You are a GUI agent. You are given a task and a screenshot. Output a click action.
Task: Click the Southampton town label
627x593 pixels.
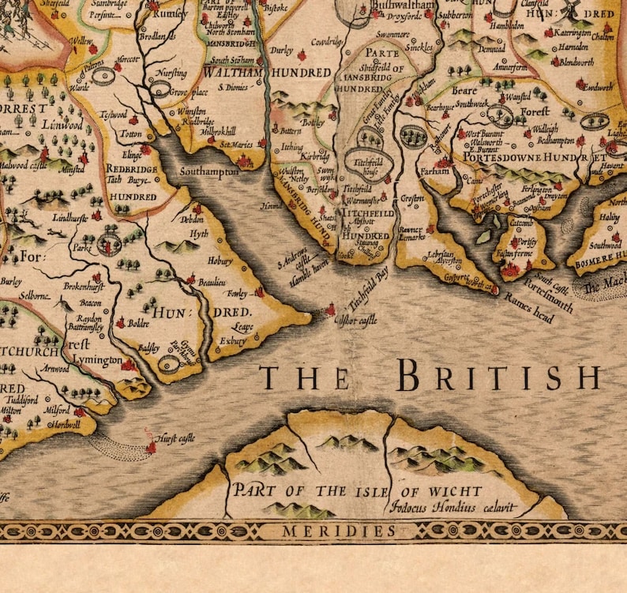208,171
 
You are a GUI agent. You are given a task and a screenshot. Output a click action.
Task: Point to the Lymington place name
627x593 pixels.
99,361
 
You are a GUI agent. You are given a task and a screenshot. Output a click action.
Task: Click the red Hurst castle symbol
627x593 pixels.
151,448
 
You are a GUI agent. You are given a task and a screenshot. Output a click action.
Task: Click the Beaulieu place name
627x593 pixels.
212,281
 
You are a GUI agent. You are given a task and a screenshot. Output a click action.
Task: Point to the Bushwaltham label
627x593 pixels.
406,6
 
